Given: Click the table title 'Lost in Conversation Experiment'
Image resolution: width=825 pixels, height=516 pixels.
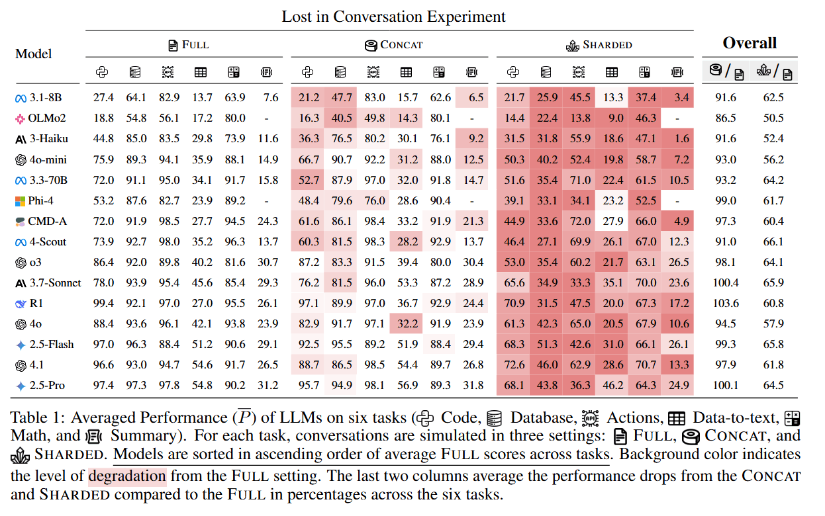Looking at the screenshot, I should point(393,17).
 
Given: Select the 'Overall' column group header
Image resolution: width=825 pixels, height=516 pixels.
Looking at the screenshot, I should point(750,44).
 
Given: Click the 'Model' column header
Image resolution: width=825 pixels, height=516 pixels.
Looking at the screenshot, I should point(34,54).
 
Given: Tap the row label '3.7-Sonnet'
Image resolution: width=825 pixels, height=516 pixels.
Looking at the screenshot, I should point(56,282).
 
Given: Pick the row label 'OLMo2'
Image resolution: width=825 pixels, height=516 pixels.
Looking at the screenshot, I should point(48,118).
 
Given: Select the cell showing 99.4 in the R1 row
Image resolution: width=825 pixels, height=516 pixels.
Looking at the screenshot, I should point(103,303).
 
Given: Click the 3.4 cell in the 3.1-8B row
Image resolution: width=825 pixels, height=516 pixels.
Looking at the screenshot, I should point(679,98).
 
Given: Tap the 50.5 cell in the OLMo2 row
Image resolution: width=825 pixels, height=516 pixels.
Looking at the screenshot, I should point(773,118).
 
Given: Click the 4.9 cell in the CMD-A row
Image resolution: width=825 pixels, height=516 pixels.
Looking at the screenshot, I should point(679,221).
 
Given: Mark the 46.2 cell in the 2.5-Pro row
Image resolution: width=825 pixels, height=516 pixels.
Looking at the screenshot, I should point(613,385).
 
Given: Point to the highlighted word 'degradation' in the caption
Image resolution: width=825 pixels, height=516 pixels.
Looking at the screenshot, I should point(127,476).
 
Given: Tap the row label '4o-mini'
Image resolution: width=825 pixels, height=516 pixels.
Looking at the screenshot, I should point(48,159).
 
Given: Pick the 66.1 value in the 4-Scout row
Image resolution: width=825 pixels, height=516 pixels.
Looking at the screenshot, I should point(773,241).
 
